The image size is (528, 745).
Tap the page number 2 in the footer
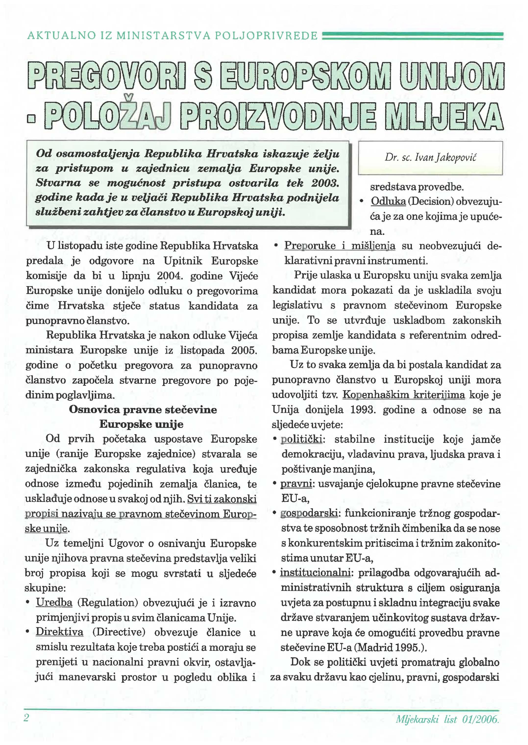pos(26,718)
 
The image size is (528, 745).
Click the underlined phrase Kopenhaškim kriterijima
pos(404,395)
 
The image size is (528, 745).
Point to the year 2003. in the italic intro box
pos(325,183)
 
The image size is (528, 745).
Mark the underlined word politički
pos(301,439)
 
